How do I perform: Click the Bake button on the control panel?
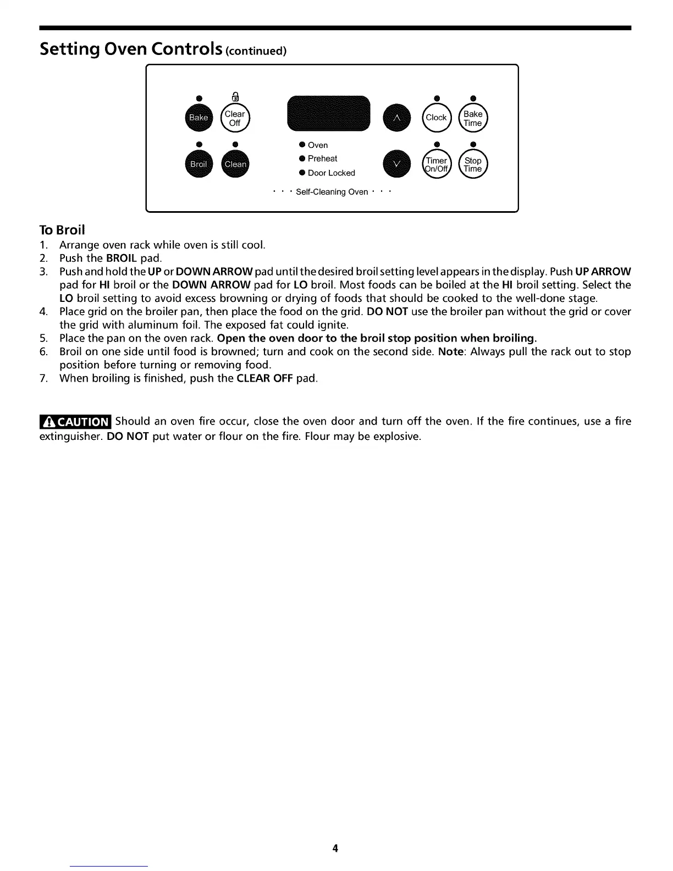(198, 117)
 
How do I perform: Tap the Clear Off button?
(235, 118)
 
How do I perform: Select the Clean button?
(235, 164)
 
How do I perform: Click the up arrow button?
(397, 117)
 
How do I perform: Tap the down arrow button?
(397, 164)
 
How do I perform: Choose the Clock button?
(436, 117)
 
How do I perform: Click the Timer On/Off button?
(436, 164)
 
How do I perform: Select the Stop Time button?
(473, 164)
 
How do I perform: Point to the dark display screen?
(329, 113)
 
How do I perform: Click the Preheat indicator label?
(322, 158)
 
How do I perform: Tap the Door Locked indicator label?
(331, 173)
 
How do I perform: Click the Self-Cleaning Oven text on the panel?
(332, 192)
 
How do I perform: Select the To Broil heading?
(62, 229)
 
